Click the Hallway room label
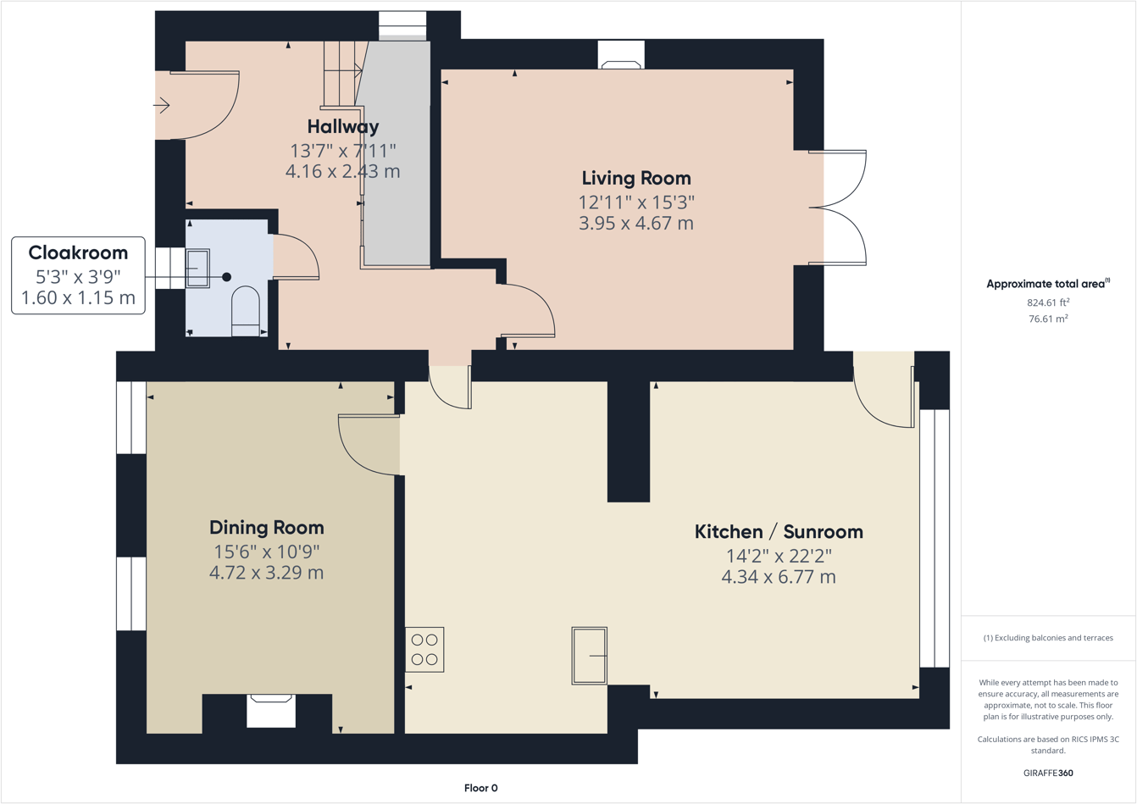pyautogui.click(x=342, y=127)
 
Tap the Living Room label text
pyautogui.click(x=635, y=179)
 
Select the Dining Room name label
pyautogui.click(x=266, y=528)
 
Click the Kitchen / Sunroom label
pyautogui.click(x=778, y=532)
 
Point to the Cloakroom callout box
pyautogui.click(x=78, y=275)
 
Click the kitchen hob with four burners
pyautogui.click(x=424, y=649)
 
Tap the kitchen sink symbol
pyautogui.click(x=590, y=655)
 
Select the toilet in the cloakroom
pyautogui.click(x=246, y=311)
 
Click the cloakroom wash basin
pyautogui.click(x=197, y=269)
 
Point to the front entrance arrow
pyautogui.click(x=161, y=106)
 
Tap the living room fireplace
pyautogui.click(x=621, y=56)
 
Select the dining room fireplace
pyautogui.click(x=271, y=710)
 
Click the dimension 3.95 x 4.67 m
pyautogui.click(x=635, y=224)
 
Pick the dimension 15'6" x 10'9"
pyautogui.click(x=266, y=552)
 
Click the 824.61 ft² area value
pyautogui.click(x=1047, y=302)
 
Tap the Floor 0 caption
pyautogui.click(x=480, y=788)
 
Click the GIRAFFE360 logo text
pyautogui.click(x=1048, y=773)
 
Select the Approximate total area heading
pyautogui.click(x=1047, y=284)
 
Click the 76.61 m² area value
pyautogui.click(x=1047, y=319)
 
